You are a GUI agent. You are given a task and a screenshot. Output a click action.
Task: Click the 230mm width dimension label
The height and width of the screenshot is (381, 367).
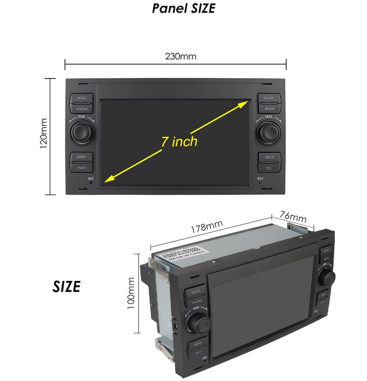(x=180, y=57)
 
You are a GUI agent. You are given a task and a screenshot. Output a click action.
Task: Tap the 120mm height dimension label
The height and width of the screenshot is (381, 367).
(x=44, y=134)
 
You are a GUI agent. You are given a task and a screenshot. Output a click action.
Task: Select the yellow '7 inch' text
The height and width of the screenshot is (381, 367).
(x=179, y=141)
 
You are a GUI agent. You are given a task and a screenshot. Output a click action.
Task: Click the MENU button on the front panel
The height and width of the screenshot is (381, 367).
(x=82, y=98)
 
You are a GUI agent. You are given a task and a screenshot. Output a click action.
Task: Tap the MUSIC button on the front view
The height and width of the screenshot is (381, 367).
(x=269, y=98)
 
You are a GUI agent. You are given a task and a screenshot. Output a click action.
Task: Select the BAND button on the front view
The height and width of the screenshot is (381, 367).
(x=81, y=157)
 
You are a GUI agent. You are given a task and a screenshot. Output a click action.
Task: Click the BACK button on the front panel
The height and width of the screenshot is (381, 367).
(x=270, y=157)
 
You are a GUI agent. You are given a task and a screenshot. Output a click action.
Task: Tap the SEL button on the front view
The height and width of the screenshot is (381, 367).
(x=269, y=167)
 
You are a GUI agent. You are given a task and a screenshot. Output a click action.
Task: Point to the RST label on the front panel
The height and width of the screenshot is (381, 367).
(x=260, y=179)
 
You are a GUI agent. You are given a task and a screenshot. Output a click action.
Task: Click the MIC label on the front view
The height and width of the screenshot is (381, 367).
(x=91, y=179)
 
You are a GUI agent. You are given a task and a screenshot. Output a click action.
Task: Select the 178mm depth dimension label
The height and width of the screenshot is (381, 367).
(x=207, y=227)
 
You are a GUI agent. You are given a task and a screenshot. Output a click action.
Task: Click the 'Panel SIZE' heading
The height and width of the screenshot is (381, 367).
(x=183, y=8)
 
